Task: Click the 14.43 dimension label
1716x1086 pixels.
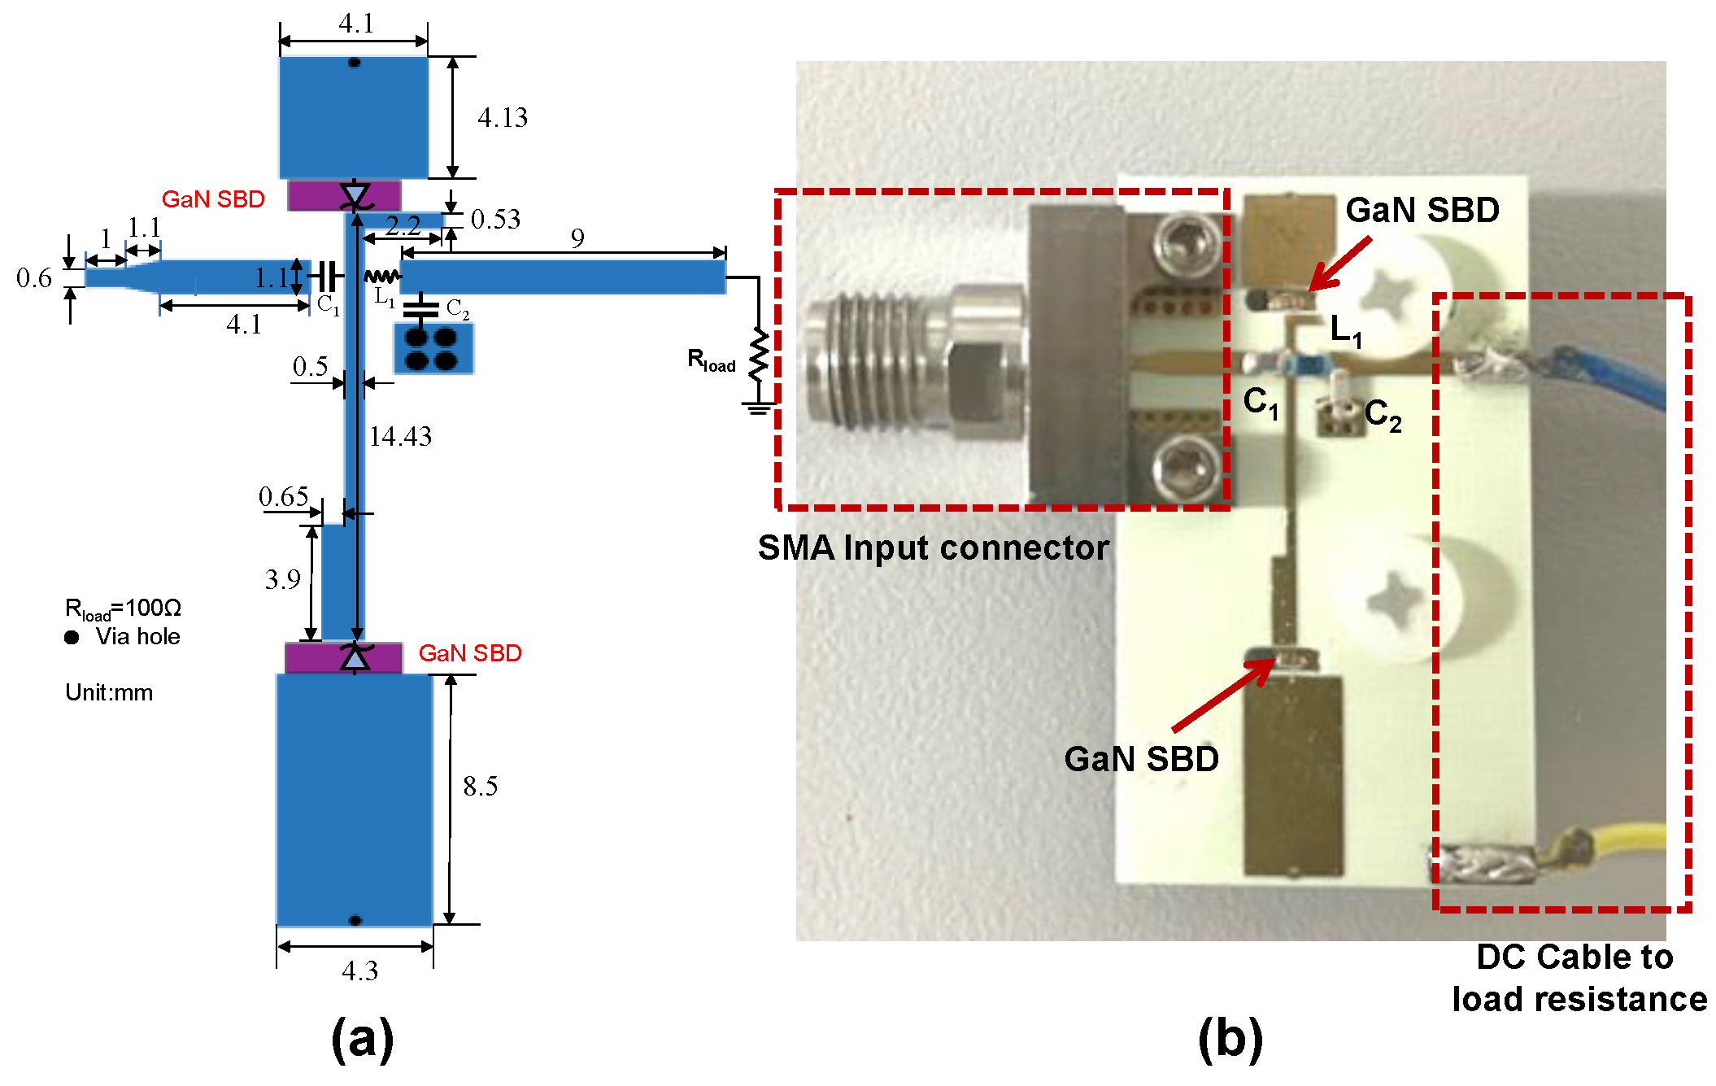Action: (400, 437)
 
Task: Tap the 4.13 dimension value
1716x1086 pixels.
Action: (502, 118)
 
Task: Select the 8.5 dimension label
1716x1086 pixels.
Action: (480, 786)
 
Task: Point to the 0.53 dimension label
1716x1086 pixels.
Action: (495, 219)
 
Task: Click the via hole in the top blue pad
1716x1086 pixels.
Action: (355, 63)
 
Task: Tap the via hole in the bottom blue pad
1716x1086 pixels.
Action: (355, 920)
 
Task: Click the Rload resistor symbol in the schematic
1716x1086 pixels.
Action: (759, 355)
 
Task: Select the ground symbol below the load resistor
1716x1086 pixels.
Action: (758, 408)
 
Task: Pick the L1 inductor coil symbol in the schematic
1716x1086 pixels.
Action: (381, 277)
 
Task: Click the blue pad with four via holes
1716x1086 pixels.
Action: (433, 349)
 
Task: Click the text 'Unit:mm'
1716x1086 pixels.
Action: (109, 692)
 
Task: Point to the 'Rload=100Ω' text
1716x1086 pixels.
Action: (123, 608)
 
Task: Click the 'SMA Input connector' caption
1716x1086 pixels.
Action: (933, 547)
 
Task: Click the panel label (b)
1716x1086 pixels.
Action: (1230, 1039)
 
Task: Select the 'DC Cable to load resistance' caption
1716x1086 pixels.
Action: (1578, 978)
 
